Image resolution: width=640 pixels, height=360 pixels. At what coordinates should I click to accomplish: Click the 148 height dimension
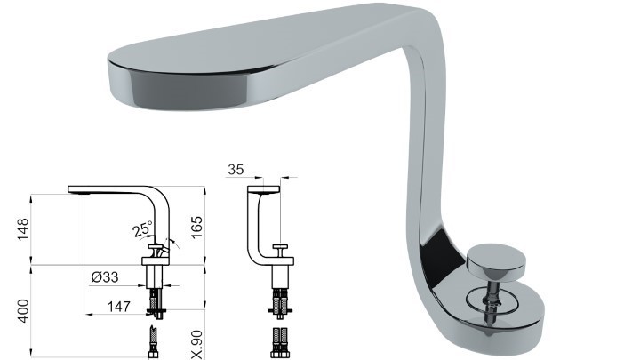tap(23, 229)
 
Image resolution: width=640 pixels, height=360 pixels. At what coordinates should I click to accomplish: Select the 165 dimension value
tap(196, 228)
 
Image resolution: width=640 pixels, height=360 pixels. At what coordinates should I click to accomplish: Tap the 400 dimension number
tap(23, 311)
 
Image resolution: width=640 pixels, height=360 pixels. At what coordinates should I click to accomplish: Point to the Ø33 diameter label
tap(105, 277)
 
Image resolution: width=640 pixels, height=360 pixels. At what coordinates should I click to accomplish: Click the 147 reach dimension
tap(119, 307)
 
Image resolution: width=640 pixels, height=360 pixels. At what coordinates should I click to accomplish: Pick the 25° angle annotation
tap(143, 228)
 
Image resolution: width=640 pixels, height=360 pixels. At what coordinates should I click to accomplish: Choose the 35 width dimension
tap(236, 170)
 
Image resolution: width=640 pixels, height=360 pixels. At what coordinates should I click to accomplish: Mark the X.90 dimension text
tap(196, 345)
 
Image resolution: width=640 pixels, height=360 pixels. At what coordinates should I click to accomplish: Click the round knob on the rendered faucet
tap(496, 261)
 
